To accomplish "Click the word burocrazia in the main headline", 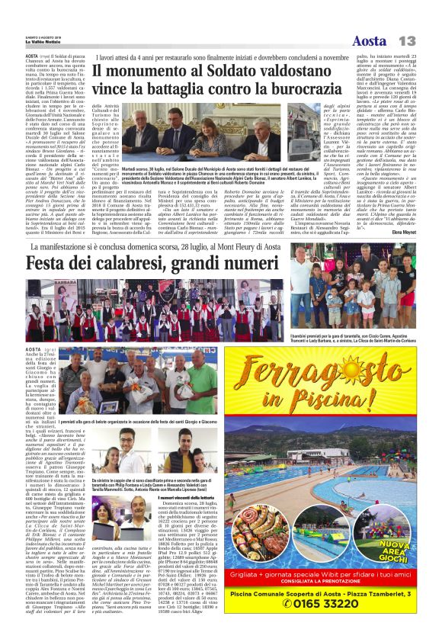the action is pyautogui.click(x=283, y=89).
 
